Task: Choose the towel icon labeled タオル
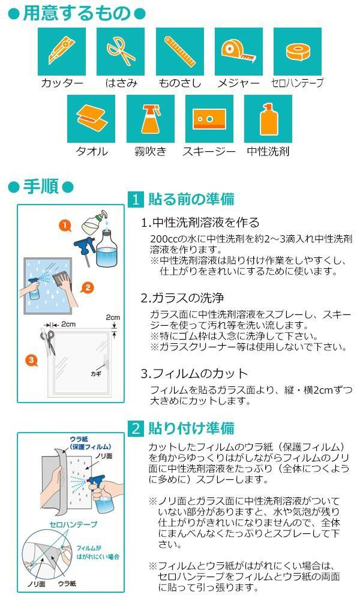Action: pyautogui.click(x=91, y=118)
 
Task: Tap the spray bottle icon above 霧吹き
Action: pyautogui.click(x=150, y=118)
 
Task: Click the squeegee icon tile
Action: pyautogui.click(x=209, y=118)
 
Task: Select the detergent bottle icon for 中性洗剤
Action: pyautogui.click(x=268, y=118)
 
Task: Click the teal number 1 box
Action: pyautogui.click(x=137, y=199)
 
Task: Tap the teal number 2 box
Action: pyautogui.click(x=137, y=428)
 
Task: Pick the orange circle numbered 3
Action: pyautogui.click(x=31, y=360)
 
